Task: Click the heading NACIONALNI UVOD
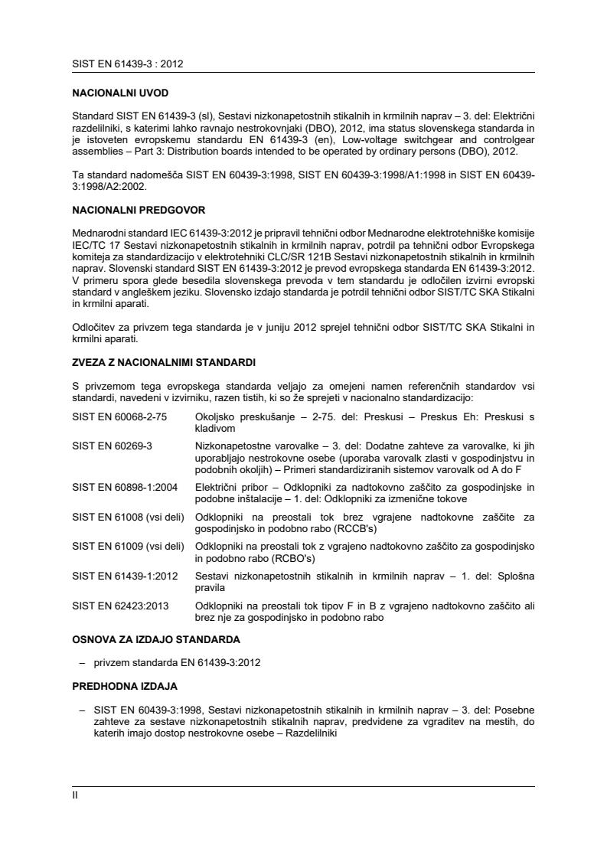point(120,93)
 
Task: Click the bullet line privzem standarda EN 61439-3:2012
point(177,662)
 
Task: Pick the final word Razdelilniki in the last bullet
point(312,732)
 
